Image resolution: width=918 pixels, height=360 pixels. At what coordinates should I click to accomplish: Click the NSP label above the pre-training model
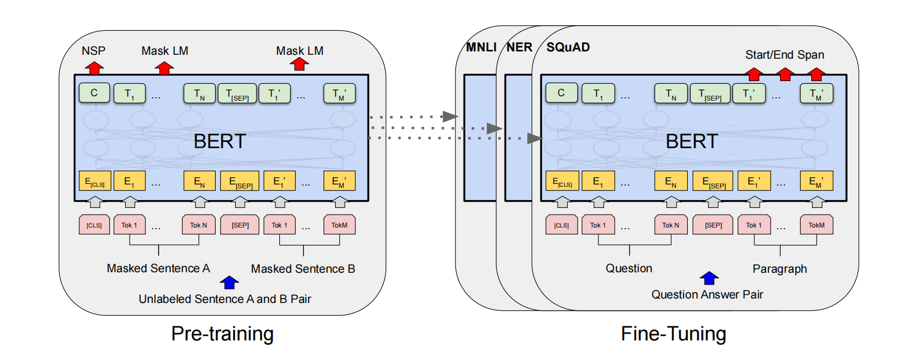pos(93,51)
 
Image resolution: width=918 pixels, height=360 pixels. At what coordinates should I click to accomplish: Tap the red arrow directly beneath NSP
pos(94,68)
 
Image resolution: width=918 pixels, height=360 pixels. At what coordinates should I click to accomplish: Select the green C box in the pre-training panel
pos(94,93)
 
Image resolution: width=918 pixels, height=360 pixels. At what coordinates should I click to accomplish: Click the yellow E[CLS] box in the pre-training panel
pos(94,181)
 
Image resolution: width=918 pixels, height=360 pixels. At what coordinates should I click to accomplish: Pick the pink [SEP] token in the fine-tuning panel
pos(713,225)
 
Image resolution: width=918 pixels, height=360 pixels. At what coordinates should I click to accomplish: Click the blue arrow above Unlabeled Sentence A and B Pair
pos(229,282)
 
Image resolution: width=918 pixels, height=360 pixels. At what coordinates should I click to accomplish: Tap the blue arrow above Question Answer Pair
pos(709,278)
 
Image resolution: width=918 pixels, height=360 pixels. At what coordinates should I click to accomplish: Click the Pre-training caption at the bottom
pos(222,334)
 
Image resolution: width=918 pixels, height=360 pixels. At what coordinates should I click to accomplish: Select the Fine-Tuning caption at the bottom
pos(673,334)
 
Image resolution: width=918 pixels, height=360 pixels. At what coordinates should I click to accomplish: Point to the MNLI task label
pos(481,48)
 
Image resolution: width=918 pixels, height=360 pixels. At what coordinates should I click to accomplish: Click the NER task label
pos(520,48)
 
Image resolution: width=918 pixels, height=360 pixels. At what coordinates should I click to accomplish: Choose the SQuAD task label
pos(568,48)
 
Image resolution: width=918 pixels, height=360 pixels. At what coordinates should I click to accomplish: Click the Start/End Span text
pos(784,55)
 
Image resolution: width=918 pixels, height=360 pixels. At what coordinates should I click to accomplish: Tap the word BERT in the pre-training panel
pos(220,141)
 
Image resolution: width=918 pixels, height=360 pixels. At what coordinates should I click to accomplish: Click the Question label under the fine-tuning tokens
pos(629,268)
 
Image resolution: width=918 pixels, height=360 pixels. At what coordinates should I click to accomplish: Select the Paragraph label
pos(779,269)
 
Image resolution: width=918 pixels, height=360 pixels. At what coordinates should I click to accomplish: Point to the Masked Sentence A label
pos(158,268)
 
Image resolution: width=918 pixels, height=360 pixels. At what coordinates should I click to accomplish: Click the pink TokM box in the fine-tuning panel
pos(816,225)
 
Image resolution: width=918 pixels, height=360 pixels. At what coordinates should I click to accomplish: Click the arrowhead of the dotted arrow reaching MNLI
pos(450,117)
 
